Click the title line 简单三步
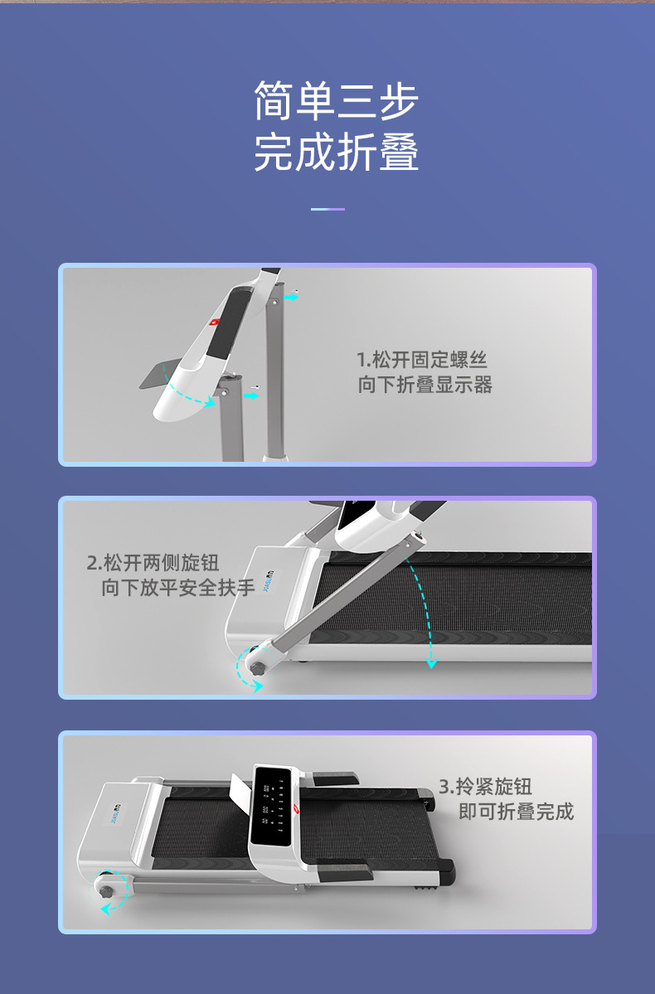(x=336, y=100)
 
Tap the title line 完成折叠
(x=336, y=152)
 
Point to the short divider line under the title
(x=327, y=209)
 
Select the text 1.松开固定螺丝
(x=422, y=360)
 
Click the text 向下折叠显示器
(x=425, y=385)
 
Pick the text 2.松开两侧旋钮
(x=153, y=562)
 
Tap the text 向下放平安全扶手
(x=178, y=588)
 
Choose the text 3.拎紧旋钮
(x=485, y=787)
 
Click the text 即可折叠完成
(x=517, y=812)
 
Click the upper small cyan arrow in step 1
(x=292, y=296)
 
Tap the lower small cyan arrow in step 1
(x=252, y=395)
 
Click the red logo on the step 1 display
(x=215, y=322)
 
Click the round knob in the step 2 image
(x=257, y=668)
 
